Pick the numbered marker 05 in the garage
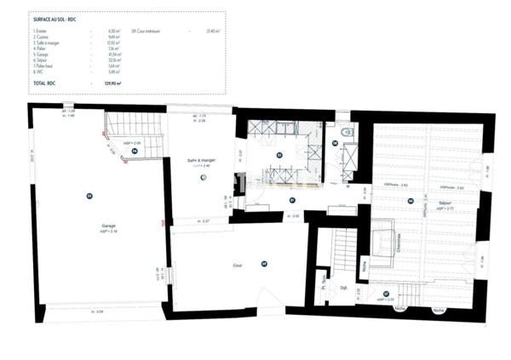pos(89,197)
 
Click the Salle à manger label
pos(202,160)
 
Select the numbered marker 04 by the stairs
pos(135,151)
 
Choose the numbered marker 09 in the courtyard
pos(264,263)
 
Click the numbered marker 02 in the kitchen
pos(278,155)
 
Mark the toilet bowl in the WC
pos(345,134)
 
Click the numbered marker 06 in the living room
pos(410,201)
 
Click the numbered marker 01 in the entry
pos(291,200)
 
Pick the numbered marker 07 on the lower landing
pos(386,294)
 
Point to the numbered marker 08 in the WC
pos(335,144)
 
